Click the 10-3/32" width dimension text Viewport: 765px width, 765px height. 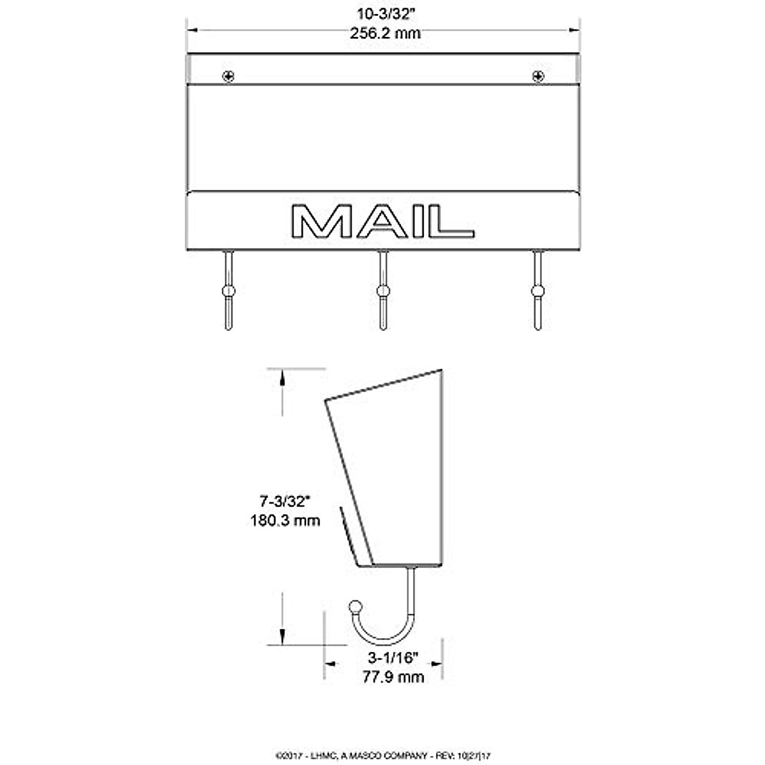click(x=384, y=13)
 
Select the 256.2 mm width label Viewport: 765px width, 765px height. click(x=384, y=34)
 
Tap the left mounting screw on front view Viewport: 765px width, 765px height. click(x=228, y=76)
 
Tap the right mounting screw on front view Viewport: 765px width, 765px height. click(x=538, y=76)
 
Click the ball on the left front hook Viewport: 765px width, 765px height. click(x=228, y=291)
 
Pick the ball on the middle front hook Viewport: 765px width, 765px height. click(x=383, y=291)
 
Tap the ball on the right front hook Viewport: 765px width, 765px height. click(x=538, y=291)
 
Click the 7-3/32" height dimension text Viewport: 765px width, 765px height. click(x=284, y=501)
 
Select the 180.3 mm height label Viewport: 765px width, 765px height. click(x=285, y=521)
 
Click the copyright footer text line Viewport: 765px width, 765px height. click(x=382, y=755)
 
